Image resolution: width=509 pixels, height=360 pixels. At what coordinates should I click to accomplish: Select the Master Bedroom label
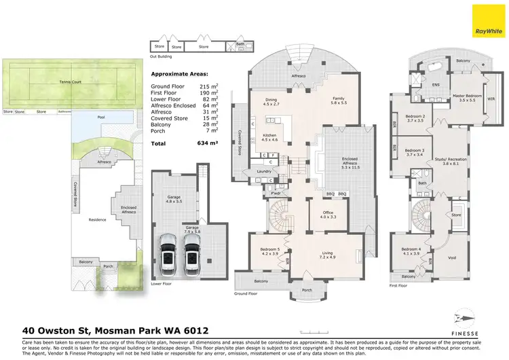(468, 98)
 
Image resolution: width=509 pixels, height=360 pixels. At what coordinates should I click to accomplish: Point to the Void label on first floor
(450, 257)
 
